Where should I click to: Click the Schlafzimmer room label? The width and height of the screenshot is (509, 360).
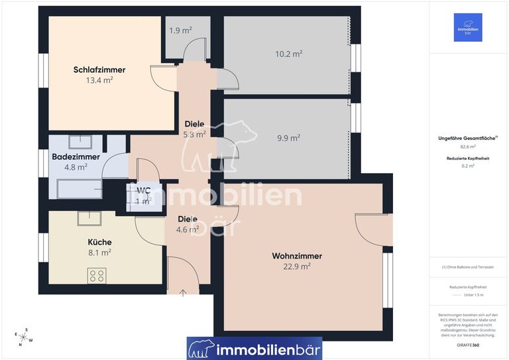pyautogui.click(x=99, y=70)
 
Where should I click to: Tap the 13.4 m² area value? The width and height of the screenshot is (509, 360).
pyautogui.click(x=99, y=80)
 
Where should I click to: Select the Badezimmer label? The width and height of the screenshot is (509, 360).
pyautogui.click(x=76, y=157)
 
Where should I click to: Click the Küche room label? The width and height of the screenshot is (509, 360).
pyautogui.click(x=99, y=242)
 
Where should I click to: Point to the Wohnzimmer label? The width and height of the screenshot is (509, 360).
pyautogui.click(x=297, y=256)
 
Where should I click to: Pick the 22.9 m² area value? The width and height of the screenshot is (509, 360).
pyautogui.click(x=297, y=267)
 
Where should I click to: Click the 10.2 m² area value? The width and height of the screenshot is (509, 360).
pyautogui.click(x=289, y=53)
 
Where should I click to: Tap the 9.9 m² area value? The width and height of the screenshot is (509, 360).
pyautogui.click(x=288, y=138)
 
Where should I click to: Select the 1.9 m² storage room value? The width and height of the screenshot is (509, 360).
pyautogui.click(x=180, y=30)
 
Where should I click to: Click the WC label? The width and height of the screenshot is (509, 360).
pyautogui.click(x=144, y=190)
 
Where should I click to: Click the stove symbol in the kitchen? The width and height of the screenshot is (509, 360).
pyautogui.click(x=97, y=275)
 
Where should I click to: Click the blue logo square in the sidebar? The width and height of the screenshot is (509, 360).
pyautogui.click(x=468, y=27)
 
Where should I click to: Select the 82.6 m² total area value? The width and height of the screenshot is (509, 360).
pyautogui.click(x=468, y=147)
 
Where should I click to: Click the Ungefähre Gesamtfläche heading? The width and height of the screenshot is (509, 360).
pyautogui.click(x=468, y=138)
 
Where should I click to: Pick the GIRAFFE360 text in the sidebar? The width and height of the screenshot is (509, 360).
pyautogui.click(x=468, y=345)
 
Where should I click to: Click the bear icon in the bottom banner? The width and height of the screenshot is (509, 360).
pyautogui.click(x=201, y=348)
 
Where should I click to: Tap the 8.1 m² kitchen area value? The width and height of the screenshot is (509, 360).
pyautogui.click(x=99, y=253)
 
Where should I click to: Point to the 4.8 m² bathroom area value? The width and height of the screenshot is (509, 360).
pyautogui.click(x=76, y=168)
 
